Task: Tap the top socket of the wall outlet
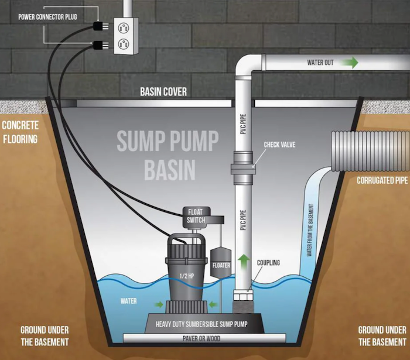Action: [123, 28]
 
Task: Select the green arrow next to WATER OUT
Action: [350, 63]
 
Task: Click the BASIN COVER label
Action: [163, 92]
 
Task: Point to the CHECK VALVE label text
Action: [279, 145]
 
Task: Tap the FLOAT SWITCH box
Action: [196, 216]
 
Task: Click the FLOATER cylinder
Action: [221, 263]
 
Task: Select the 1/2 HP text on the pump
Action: [187, 276]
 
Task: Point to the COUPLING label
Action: [268, 263]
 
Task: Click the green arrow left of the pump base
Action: [159, 304]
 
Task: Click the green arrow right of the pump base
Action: [213, 304]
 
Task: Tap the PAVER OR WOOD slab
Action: [204, 338]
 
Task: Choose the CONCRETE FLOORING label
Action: [20, 132]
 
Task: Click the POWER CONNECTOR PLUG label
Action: [47, 17]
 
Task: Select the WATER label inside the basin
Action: [129, 301]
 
